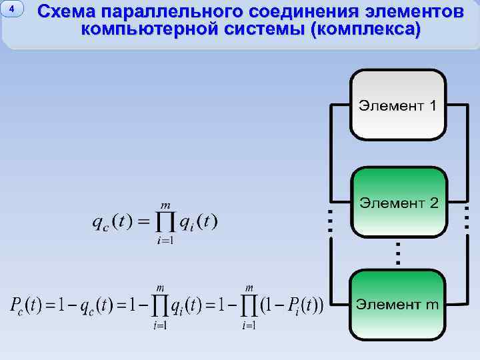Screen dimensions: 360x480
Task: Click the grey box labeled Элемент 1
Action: click(x=398, y=105)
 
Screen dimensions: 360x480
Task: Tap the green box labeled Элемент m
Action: click(x=398, y=305)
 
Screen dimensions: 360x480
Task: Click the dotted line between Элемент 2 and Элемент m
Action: click(x=398, y=254)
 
